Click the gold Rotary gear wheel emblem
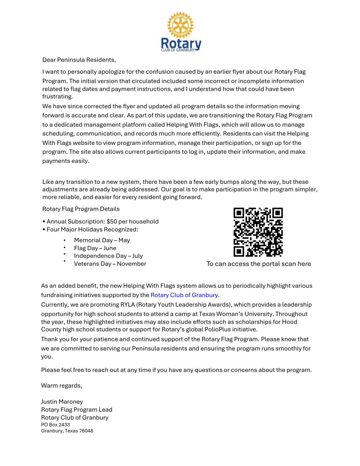180,25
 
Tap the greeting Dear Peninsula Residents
79,60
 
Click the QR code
258,232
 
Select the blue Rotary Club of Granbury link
184,295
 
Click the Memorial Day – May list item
102,240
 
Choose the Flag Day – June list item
95,248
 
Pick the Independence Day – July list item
108,256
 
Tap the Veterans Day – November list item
110,264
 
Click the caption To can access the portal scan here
258,264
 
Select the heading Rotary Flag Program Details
81,209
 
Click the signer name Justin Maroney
62,402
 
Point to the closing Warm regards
61,386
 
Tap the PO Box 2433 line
55,424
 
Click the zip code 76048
86,431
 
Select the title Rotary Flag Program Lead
77,410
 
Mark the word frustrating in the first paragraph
58,97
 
